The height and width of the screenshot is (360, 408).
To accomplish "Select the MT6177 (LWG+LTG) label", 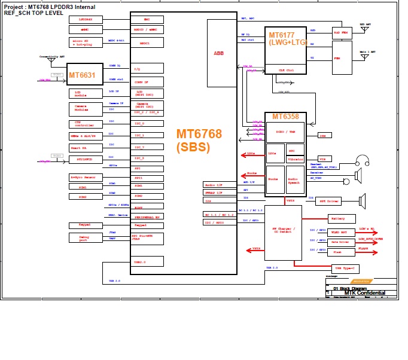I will pos(285,38).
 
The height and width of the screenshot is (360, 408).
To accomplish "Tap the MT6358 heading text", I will pos(286,116).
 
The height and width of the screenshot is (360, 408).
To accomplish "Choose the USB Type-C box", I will pos(346,269).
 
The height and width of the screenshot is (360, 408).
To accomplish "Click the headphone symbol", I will pos(361,161).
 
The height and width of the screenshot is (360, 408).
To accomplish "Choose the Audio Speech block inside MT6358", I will pos(294,180).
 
